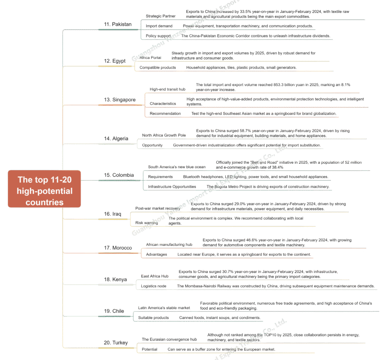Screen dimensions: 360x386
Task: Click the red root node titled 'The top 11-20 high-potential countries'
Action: (x=44, y=191)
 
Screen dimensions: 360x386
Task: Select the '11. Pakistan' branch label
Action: (x=118, y=24)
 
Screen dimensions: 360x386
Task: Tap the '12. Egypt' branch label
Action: (x=115, y=61)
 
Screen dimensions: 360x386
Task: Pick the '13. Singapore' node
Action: (x=119, y=100)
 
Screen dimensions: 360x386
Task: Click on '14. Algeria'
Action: (x=116, y=139)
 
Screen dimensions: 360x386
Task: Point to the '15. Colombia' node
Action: (x=119, y=175)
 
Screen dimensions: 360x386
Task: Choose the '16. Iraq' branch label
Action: (x=112, y=214)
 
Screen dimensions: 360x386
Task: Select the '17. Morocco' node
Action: (x=118, y=248)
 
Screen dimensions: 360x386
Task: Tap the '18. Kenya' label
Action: (x=115, y=279)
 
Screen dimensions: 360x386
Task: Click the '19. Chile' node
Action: (x=114, y=311)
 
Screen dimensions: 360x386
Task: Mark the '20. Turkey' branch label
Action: (x=116, y=343)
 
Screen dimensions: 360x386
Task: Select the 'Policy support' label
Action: (x=158, y=36)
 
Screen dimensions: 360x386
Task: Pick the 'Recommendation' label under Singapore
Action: (x=165, y=113)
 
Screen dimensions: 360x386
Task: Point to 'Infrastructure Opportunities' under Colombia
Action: (x=172, y=186)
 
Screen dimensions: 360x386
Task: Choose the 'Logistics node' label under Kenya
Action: (x=153, y=286)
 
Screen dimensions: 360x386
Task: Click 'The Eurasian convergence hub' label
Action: (x=169, y=339)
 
